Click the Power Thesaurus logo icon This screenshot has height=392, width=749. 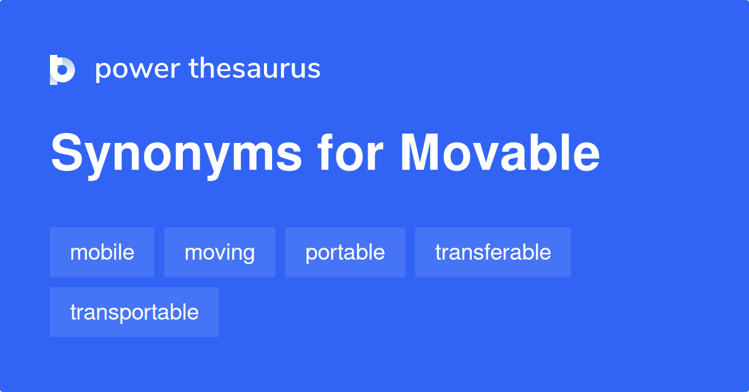click(62, 69)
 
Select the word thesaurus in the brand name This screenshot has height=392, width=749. click(255, 68)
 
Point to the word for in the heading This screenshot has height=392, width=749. click(350, 152)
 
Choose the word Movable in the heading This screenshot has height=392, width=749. click(500, 152)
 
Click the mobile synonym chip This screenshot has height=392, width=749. click(102, 252)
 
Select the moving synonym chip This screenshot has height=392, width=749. click(220, 252)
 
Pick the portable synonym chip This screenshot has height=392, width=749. click(345, 252)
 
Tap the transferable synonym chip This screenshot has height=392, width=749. click(493, 252)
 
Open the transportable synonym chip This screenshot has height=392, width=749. click(134, 312)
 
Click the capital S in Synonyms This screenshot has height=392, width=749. click(67, 152)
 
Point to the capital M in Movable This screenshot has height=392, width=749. click(419, 152)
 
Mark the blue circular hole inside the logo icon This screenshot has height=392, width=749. click(62, 70)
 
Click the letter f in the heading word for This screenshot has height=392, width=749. click(325, 152)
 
